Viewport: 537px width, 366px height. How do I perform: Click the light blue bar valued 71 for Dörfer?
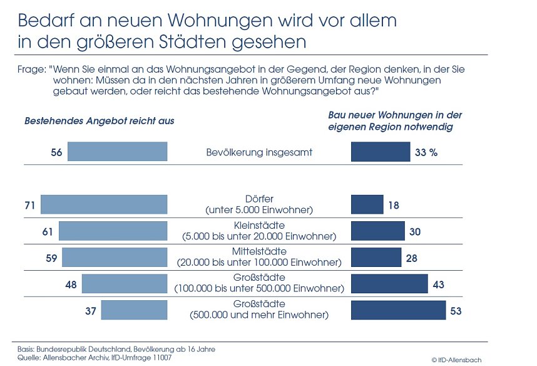(104, 205)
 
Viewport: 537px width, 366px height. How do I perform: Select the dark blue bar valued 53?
(398, 310)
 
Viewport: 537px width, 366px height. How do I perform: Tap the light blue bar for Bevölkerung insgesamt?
(117, 152)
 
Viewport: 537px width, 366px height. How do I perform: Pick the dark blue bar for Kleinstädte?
(378, 231)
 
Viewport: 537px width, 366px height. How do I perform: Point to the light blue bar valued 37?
(134, 310)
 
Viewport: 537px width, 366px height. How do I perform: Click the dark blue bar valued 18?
(367, 205)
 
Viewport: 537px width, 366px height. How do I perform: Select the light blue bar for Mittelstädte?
(115, 258)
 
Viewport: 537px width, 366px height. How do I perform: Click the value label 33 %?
(425, 152)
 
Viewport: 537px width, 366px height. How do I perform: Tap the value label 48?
(71, 285)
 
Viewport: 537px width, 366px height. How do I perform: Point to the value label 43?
(439, 285)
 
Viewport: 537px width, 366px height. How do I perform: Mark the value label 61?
(48, 232)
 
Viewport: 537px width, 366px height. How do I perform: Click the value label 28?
(412, 258)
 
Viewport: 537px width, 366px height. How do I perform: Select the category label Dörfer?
(259, 199)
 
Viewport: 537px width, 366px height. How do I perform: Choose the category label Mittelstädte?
(259, 251)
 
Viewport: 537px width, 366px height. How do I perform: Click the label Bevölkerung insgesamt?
(259, 152)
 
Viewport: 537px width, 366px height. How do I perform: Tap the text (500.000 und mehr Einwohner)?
(259, 315)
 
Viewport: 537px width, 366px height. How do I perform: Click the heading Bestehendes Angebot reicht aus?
(99, 121)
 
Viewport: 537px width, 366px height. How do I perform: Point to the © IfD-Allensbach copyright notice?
(456, 359)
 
